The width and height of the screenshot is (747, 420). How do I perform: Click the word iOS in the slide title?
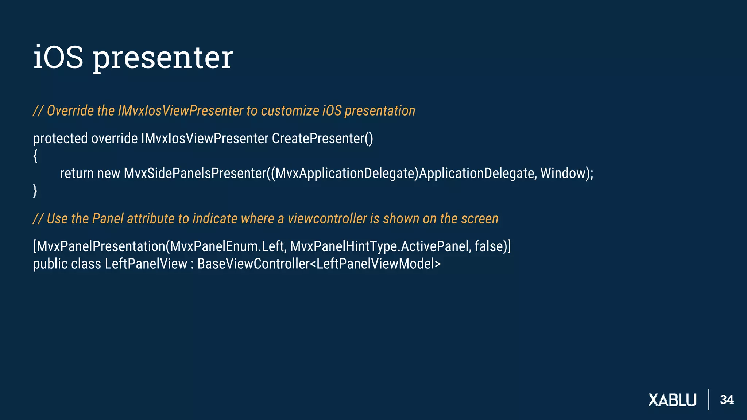[58, 57]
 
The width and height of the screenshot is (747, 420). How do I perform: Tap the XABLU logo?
[672, 400]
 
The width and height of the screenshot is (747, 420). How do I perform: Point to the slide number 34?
[727, 400]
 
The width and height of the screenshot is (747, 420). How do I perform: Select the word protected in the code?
[60, 139]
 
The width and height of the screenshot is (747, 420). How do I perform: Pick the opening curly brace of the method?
[35, 156]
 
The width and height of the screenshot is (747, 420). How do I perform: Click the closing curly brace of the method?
[35, 191]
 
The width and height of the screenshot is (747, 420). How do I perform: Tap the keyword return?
[77, 174]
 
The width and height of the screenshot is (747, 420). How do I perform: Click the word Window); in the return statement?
[566, 174]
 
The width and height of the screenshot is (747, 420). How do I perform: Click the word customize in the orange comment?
[290, 111]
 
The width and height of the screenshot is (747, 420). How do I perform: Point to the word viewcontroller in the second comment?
[327, 219]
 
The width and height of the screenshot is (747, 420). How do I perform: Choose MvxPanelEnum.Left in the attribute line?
[227, 246]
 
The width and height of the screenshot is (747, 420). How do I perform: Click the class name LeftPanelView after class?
[146, 264]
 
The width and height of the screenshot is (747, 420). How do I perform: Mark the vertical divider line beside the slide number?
[709, 400]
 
